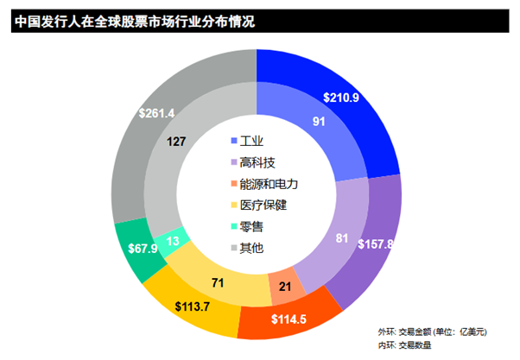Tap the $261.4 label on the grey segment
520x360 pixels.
coord(157,113)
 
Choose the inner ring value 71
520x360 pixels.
coord(217,282)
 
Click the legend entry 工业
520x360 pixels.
coord(251,141)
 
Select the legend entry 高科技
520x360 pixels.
coord(257,162)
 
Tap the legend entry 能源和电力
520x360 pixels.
coord(268,184)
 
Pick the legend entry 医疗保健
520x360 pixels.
coord(263,205)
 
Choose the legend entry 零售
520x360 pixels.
coord(251,227)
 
